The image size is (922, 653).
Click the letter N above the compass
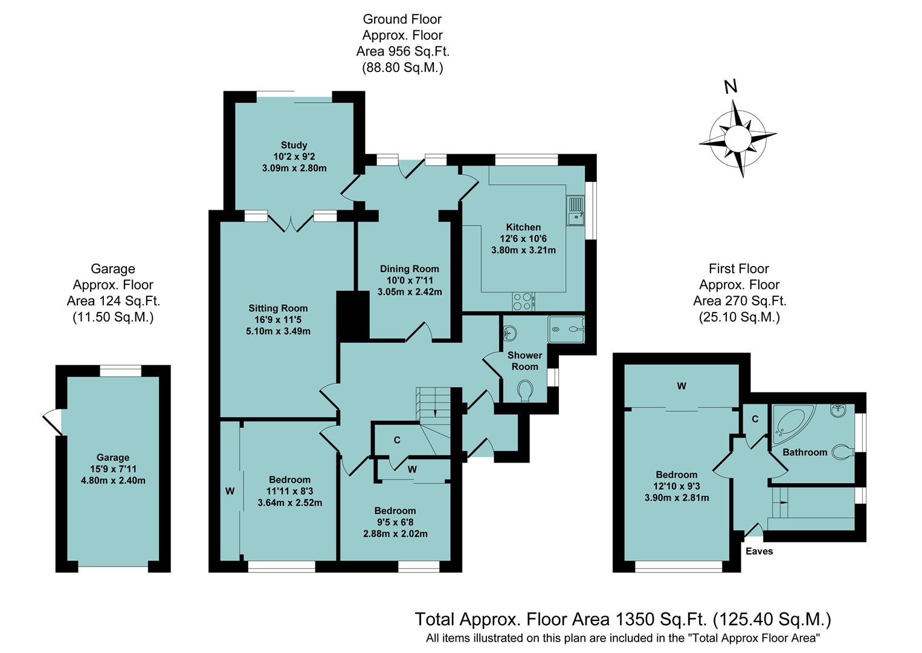(x=731, y=87)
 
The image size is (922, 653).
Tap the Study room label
(x=294, y=145)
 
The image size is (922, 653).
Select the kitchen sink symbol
(x=576, y=209)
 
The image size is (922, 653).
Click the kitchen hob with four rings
(x=523, y=301)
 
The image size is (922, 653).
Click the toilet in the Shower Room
(x=524, y=390)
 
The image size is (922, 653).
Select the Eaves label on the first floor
(x=759, y=551)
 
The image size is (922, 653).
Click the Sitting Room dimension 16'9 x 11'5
(x=278, y=320)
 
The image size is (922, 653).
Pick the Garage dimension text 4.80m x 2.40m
(x=113, y=481)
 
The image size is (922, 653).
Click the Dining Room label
(x=409, y=269)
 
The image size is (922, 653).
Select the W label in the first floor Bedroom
(x=682, y=386)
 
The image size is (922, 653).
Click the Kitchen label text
(x=523, y=227)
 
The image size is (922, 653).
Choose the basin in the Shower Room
(x=510, y=332)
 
